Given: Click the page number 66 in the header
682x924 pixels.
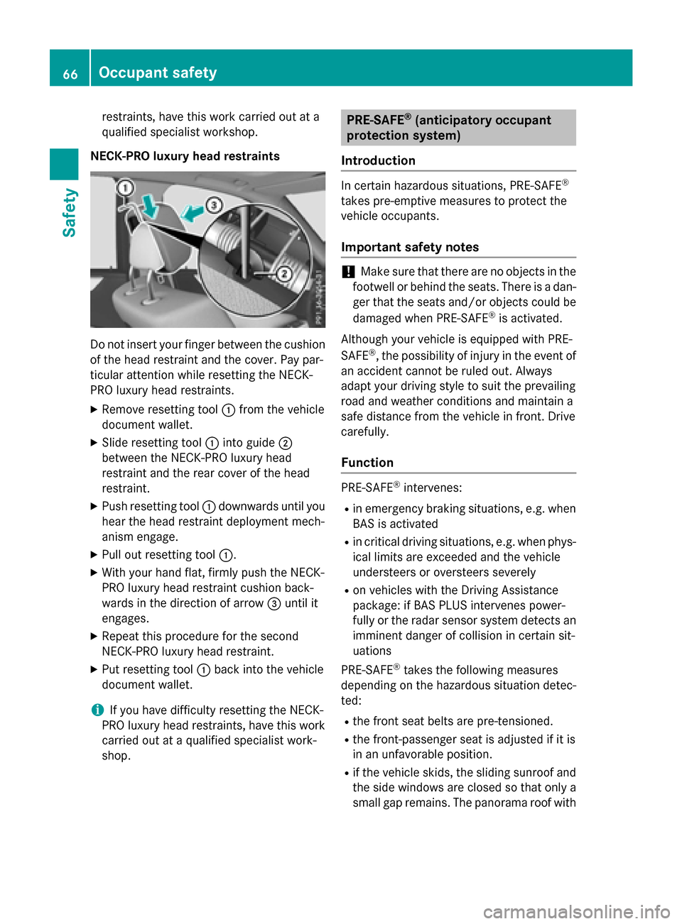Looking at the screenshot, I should (x=70, y=73).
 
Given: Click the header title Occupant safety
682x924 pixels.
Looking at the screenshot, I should (x=158, y=72).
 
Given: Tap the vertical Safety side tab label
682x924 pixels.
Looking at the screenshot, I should (x=69, y=212).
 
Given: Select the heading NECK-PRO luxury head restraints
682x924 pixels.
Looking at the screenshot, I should (x=185, y=156).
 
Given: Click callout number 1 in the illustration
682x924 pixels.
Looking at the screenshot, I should (x=125, y=188).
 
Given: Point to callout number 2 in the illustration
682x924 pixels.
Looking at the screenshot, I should (x=283, y=273).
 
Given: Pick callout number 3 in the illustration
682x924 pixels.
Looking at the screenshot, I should (x=213, y=206).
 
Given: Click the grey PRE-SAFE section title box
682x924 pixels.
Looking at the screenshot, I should (x=458, y=128).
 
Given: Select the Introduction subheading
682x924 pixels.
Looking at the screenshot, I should (x=378, y=160).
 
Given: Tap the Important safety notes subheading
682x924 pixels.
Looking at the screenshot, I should (x=410, y=247).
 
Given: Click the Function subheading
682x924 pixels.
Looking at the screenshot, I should (x=367, y=463).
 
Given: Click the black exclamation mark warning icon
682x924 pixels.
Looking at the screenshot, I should (x=347, y=272).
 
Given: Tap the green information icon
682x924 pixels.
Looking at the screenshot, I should (x=97, y=710).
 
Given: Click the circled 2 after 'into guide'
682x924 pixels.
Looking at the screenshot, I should (x=285, y=443).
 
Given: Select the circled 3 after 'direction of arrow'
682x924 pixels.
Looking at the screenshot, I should (x=274, y=603).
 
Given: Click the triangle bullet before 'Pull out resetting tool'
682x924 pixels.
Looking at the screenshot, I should (x=94, y=555).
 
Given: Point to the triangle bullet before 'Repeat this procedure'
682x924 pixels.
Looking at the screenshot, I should (x=94, y=637).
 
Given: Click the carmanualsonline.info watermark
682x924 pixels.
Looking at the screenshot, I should (x=576, y=911).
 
